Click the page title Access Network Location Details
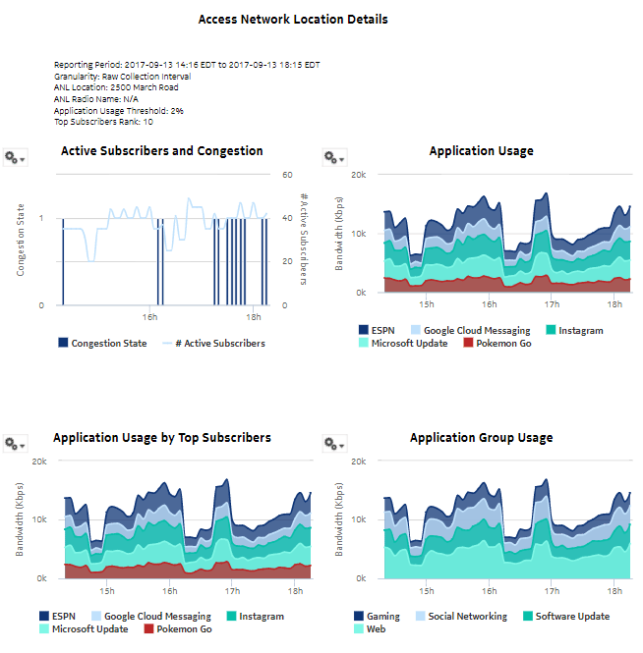(x=293, y=20)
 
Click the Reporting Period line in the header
(x=187, y=65)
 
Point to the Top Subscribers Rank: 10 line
(x=103, y=123)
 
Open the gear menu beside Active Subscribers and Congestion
(x=15, y=157)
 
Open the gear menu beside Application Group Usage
(x=334, y=444)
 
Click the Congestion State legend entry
(x=102, y=344)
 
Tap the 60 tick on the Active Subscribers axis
(x=288, y=175)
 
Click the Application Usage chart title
(x=482, y=151)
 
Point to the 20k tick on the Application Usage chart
(x=360, y=175)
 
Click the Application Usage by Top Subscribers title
(x=162, y=438)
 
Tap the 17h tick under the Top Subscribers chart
(x=232, y=591)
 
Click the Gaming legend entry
(x=377, y=617)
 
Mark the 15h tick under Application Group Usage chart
(x=427, y=591)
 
